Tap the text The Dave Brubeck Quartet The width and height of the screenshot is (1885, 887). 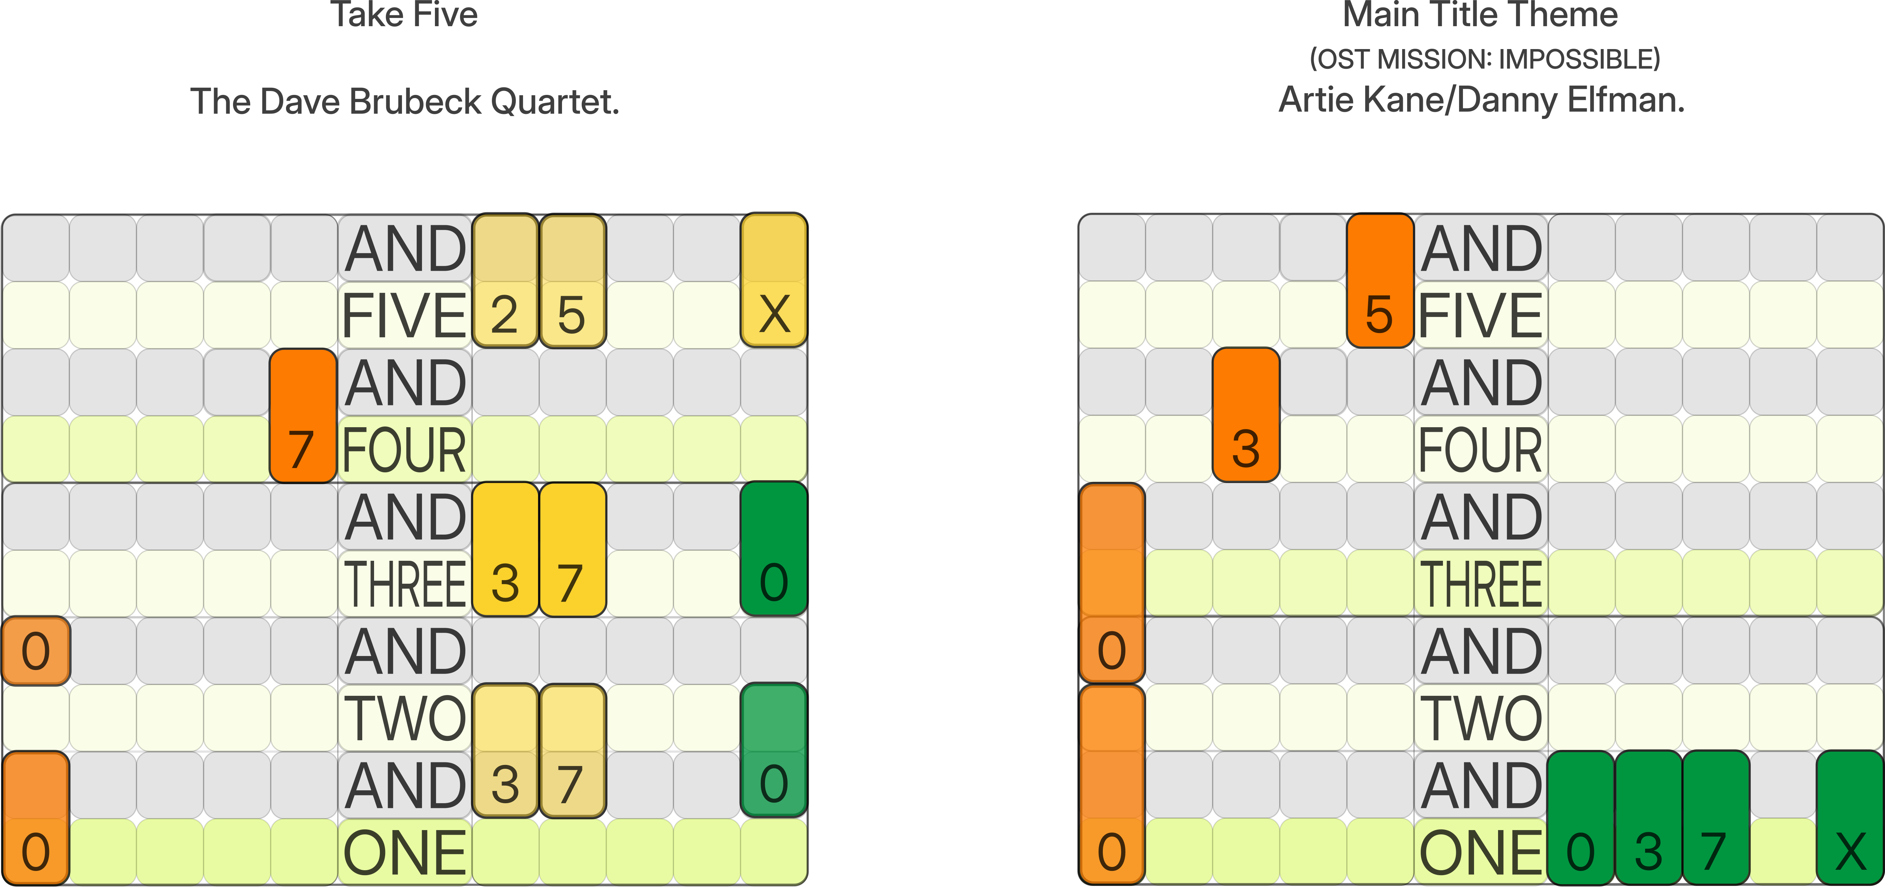pyautogui.click(x=404, y=101)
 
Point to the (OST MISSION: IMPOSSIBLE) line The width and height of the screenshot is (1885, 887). pyautogui.click(x=1485, y=58)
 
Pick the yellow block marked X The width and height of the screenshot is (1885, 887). pyautogui.click(x=774, y=280)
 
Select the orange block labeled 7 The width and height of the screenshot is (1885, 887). pyautogui.click(x=303, y=415)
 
